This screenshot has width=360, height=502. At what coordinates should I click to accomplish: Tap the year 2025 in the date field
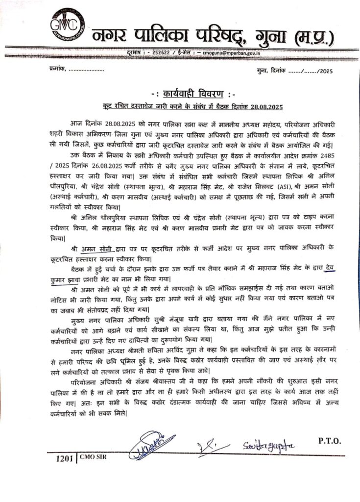[324, 72]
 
